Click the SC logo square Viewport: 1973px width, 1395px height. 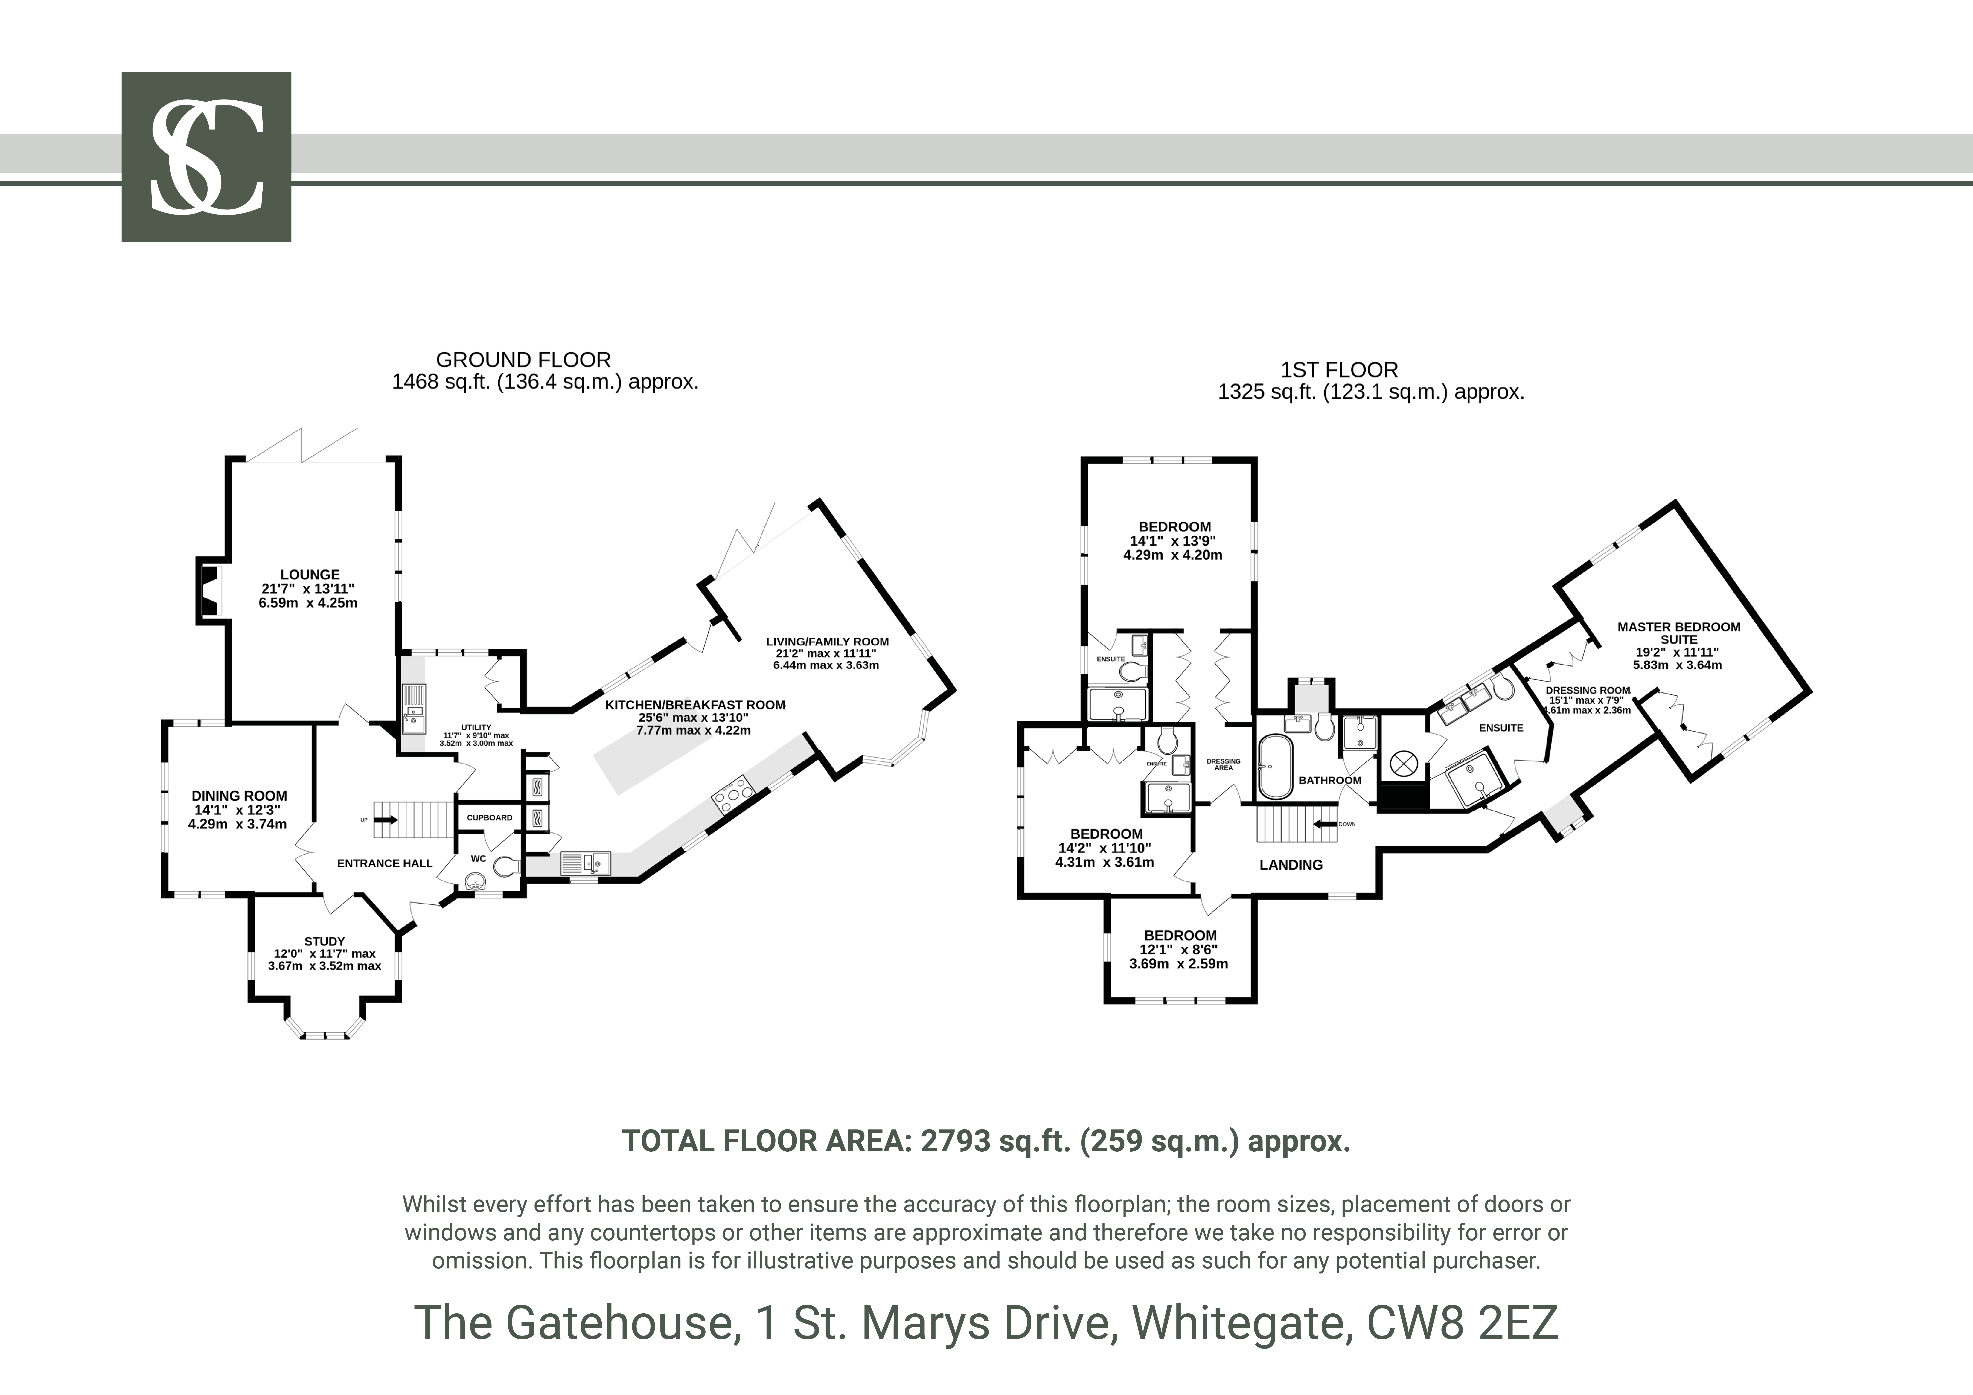206,156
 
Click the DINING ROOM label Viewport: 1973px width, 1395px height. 239,796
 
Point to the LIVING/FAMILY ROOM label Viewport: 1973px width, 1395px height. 827,641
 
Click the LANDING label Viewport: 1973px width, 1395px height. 1291,865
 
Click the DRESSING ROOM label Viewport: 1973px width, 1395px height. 1587,690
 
